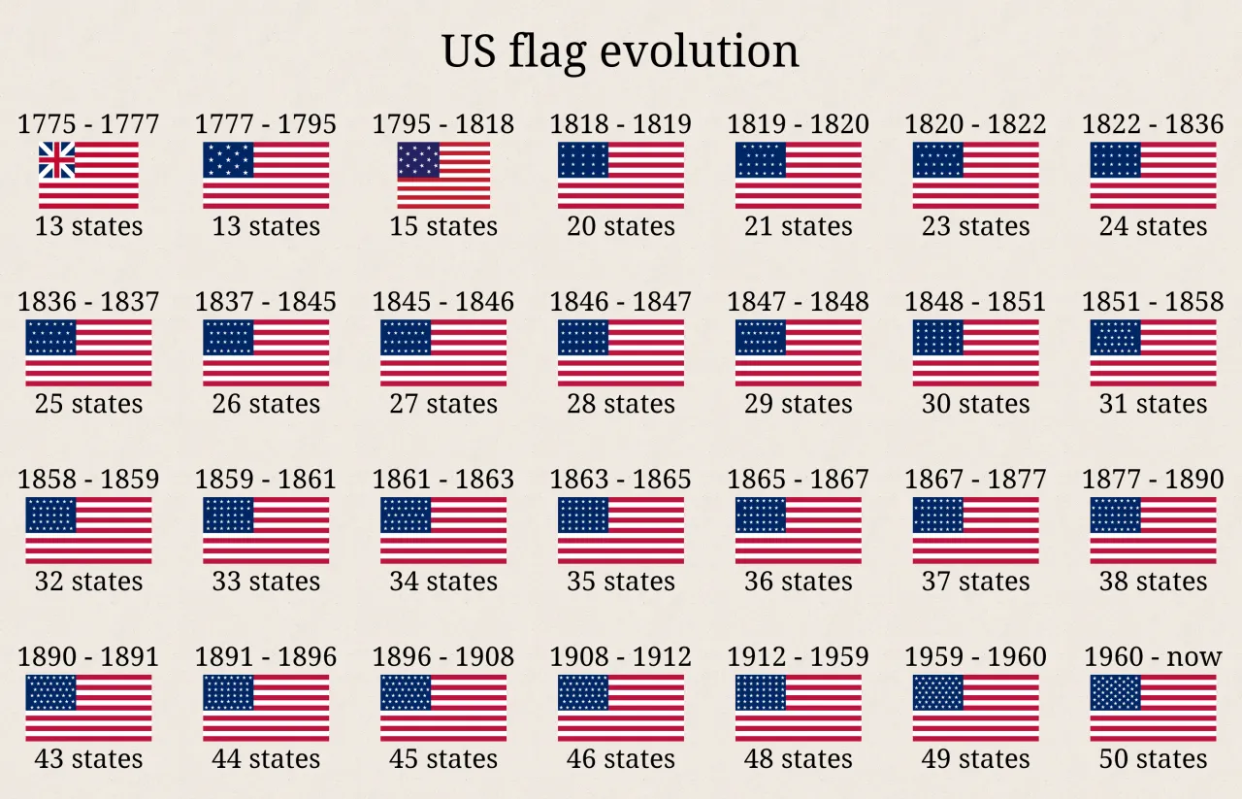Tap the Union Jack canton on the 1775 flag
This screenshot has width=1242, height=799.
tap(56, 160)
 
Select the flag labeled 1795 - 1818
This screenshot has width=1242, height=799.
tap(443, 175)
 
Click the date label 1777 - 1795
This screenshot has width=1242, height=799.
tap(266, 124)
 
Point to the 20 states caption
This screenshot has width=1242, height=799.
tap(621, 226)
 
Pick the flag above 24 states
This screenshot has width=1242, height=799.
tap(1153, 175)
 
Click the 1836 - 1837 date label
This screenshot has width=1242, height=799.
tap(88, 302)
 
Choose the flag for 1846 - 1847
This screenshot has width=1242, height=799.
tap(621, 352)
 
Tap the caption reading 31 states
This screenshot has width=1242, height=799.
tap(1153, 404)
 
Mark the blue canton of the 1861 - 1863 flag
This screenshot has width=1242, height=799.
tap(406, 515)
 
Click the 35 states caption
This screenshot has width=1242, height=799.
tap(621, 582)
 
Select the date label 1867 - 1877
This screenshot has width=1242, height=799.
tap(975, 480)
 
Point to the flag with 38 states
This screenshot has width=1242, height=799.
tap(1153, 530)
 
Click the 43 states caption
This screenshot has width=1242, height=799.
tap(88, 759)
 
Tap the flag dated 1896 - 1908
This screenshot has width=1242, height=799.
tap(443, 708)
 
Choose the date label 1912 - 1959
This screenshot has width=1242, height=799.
tap(798, 657)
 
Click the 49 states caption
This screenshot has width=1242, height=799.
tap(975, 759)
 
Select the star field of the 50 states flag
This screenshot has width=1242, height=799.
tap(1116, 692)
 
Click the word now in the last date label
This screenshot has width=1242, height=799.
tap(1194, 657)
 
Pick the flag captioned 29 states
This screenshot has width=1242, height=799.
tap(798, 352)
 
